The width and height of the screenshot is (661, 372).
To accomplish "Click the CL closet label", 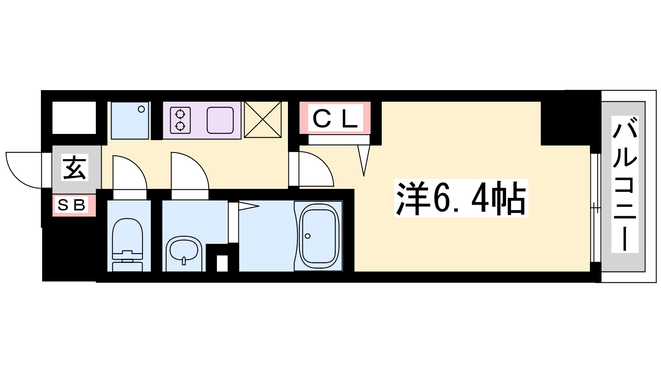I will point(335,119).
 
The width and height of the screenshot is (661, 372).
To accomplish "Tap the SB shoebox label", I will point(71,205).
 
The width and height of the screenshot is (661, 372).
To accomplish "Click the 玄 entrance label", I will point(75,167).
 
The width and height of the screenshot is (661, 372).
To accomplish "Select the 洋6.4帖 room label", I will point(461,198).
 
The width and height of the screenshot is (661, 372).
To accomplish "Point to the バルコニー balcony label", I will point(624,184).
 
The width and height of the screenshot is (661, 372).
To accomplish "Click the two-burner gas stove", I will point(181,120).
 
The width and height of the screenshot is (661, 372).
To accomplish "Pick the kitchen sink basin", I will point(220,120).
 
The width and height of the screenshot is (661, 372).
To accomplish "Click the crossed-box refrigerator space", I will point(263,119).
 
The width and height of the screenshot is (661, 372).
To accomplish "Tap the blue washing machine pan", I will point(130,120).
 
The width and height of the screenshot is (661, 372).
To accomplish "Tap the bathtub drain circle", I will point(307,236).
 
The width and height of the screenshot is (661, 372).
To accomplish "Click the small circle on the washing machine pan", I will point(141,110).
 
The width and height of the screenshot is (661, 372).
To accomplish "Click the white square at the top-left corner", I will point(74,117).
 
